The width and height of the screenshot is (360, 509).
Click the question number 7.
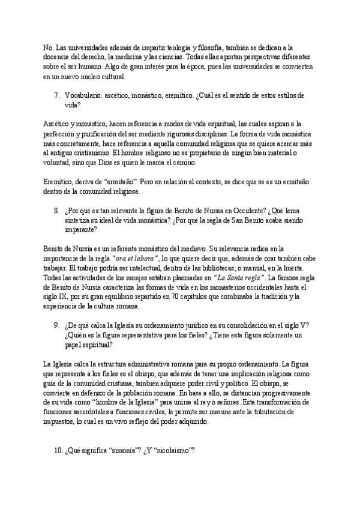[56, 95]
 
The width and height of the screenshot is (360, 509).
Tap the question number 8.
[56, 211]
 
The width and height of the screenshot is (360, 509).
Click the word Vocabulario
[83, 95]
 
